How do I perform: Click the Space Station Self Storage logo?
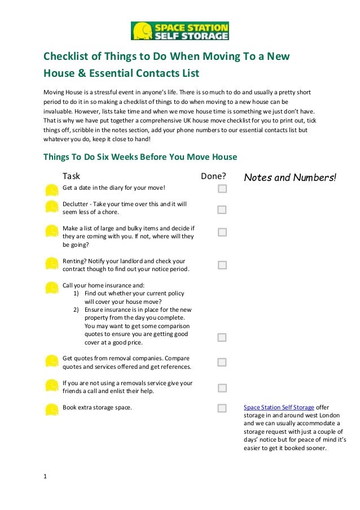pyautogui.click(x=180, y=31)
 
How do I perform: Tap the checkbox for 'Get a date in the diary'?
pyautogui.click(x=222, y=188)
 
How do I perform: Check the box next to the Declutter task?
pyautogui.click(x=222, y=210)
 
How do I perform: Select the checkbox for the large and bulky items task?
pyautogui.click(x=222, y=232)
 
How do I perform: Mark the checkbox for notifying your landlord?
pyautogui.click(x=222, y=265)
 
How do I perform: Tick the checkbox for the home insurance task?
pyautogui.click(x=222, y=337)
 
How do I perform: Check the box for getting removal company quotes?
pyautogui.click(x=222, y=362)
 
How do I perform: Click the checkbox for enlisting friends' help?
pyautogui.click(x=222, y=388)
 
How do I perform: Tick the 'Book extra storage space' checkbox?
pyautogui.click(x=222, y=408)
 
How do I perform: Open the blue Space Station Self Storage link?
pyautogui.click(x=279, y=407)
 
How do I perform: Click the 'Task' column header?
pyautogui.click(x=71, y=177)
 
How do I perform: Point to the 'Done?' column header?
pyautogui.click(x=213, y=177)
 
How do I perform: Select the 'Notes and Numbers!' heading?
pyautogui.click(x=289, y=178)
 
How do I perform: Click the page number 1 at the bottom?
pyautogui.click(x=46, y=476)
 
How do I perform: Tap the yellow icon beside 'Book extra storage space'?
pyautogui.click(x=51, y=409)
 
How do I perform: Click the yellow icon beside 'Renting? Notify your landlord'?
pyautogui.click(x=51, y=263)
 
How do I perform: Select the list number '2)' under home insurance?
pyautogui.click(x=77, y=310)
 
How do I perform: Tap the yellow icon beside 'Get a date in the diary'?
pyautogui.click(x=51, y=190)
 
